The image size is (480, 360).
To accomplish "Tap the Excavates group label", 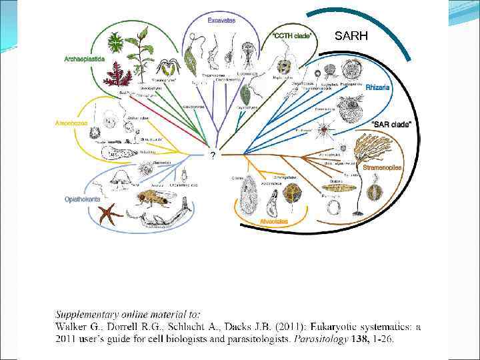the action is click(x=221, y=21).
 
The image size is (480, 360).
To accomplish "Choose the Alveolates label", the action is click(x=273, y=221).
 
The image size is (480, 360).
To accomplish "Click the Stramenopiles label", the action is click(x=382, y=168).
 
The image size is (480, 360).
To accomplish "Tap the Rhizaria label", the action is click(x=378, y=87).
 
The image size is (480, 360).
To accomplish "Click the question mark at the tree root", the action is click(x=212, y=155).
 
